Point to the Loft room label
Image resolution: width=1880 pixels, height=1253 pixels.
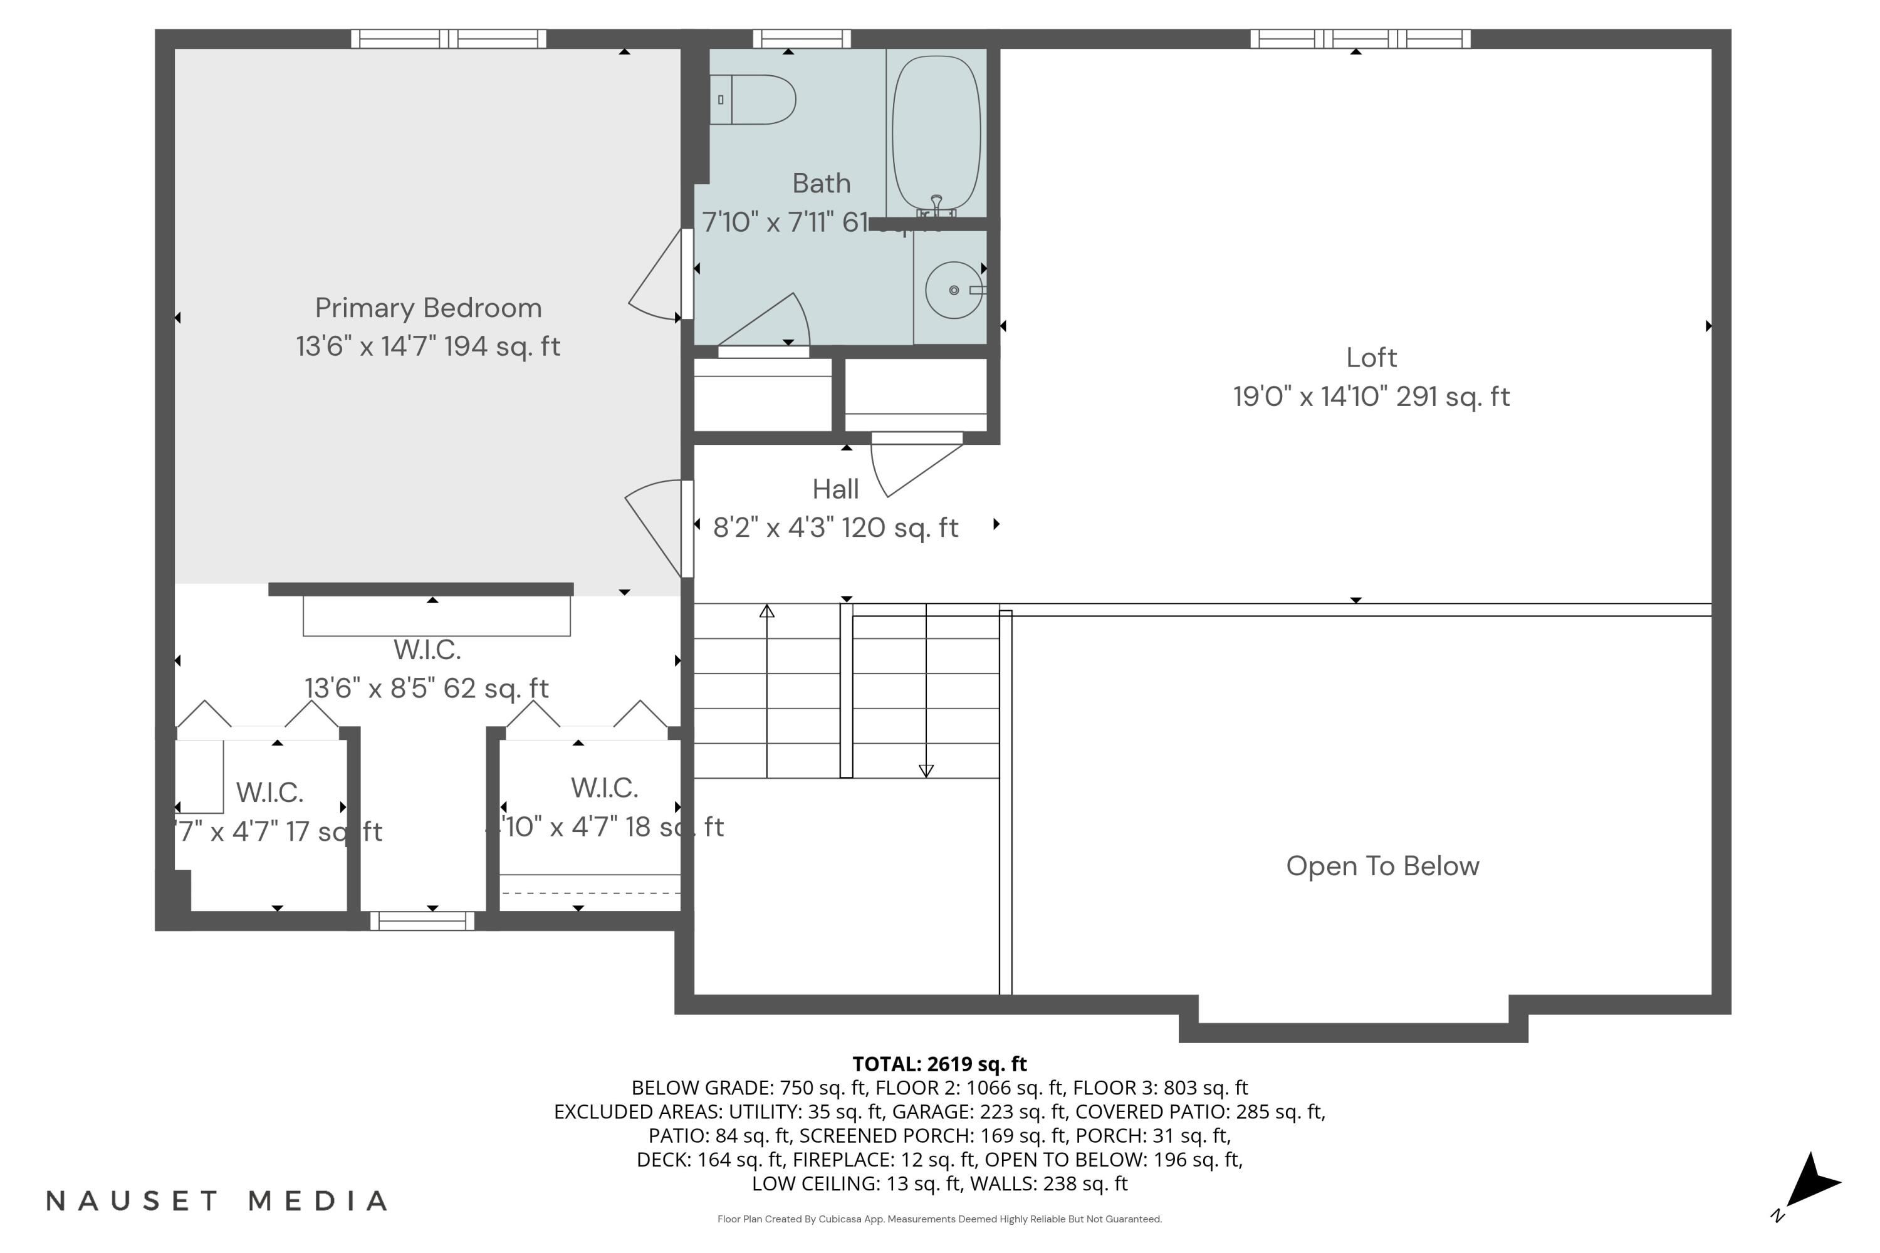(1371, 358)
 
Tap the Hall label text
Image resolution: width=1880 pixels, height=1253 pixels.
(835, 489)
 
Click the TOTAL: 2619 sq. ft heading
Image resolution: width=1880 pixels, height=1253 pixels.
(939, 1064)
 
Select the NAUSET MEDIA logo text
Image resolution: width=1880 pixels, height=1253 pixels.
(217, 1200)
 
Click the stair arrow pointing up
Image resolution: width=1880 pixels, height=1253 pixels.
(766, 612)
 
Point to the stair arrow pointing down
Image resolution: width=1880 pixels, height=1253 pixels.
(926, 771)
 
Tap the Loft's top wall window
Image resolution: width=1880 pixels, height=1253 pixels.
(1360, 38)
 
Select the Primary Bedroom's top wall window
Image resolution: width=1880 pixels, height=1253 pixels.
(449, 38)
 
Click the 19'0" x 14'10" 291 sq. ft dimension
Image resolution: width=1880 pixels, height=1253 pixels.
(1371, 397)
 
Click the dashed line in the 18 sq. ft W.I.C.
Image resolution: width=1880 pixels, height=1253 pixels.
(590, 893)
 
